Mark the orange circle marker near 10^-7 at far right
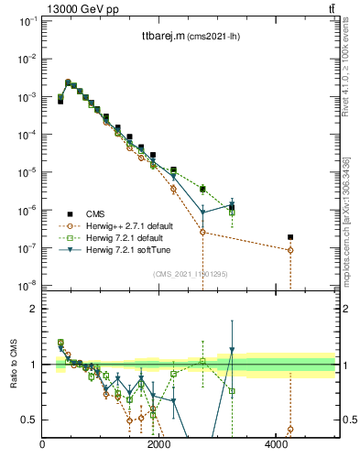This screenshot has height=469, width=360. pos(290,250)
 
